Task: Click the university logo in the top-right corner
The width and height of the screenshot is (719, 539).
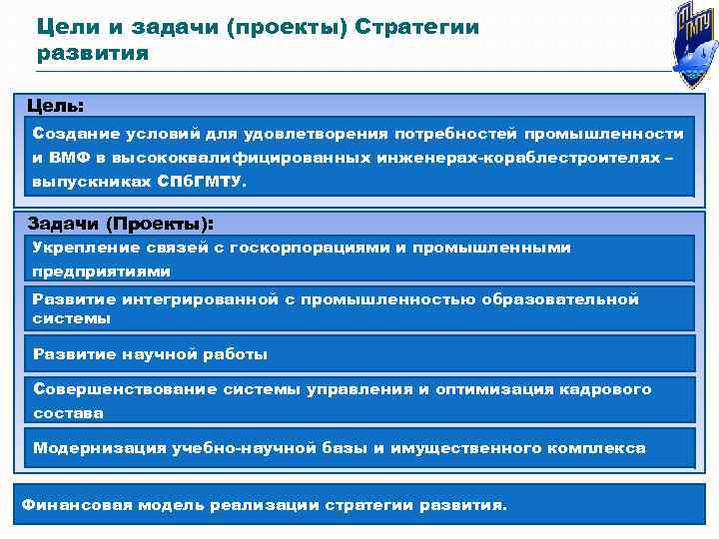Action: coord(688,44)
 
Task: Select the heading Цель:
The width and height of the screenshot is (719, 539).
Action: coord(56,105)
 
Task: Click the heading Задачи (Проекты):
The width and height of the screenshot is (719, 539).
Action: coord(121,223)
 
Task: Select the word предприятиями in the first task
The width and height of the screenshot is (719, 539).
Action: coord(101,270)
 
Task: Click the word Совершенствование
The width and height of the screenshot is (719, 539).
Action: coord(110,388)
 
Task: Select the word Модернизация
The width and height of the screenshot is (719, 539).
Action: coord(91,448)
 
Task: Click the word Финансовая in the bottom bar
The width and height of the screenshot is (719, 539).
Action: coord(68,504)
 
